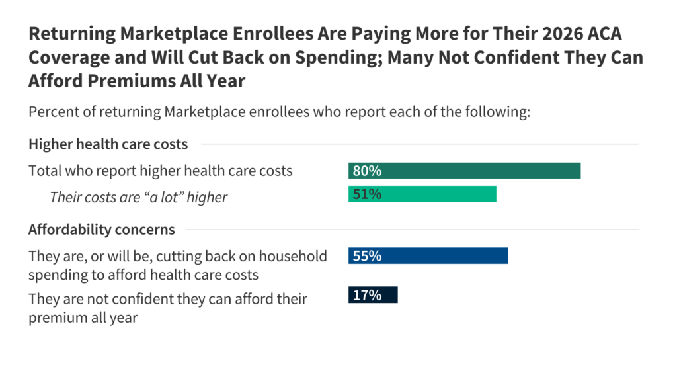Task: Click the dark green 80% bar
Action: tap(464, 171)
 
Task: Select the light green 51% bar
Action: tap(422, 194)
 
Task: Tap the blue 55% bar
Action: tap(428, 256)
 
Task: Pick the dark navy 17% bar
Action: tap(373, 295)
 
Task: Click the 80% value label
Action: tap(367, 171)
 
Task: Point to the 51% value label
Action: tap(367, 194)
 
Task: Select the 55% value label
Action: tap(367, 256)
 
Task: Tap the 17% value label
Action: tap(367, 295)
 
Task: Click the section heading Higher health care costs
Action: tap(108, 144)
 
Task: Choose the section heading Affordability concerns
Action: tap(102, 230)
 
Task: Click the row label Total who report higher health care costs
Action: tap(160, 171)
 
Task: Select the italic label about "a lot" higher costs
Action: tap(138, 197)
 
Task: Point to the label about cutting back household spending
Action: tap(177, 265)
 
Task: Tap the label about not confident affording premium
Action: tap(168, 308)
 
